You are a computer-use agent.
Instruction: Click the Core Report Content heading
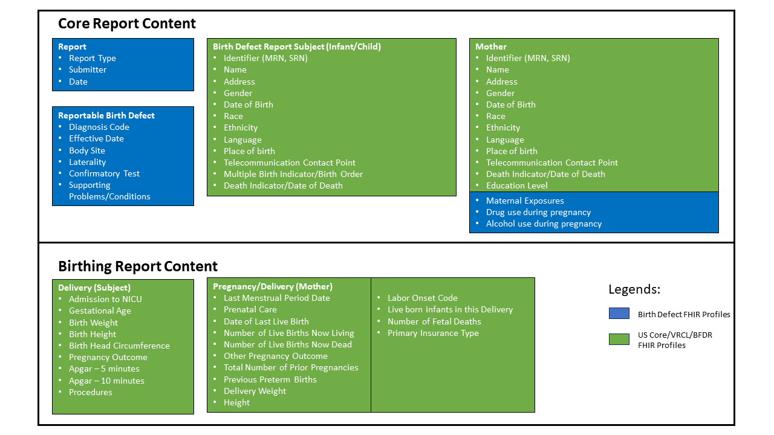[x=127, y=24]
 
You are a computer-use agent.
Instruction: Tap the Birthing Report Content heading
[x=138, y=266]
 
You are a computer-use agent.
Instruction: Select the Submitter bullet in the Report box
[x=88, y=69]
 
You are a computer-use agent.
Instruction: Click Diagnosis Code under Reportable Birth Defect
[x=99, y=127]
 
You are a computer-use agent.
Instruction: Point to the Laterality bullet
[x=87, y=162]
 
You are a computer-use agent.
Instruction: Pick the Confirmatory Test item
[x=104, y=173]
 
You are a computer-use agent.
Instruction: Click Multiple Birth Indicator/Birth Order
[x=293, y=174]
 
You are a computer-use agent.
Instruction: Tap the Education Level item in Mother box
[x=516, y=185]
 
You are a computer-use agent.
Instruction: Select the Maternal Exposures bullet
[x=525, y=201]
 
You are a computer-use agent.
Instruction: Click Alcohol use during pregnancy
[x=544, y=224]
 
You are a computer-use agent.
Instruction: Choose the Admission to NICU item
[x=105, y=299]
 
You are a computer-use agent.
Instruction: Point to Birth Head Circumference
[x=119, y=346]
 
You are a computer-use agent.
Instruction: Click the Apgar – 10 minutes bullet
[x=106, y=381]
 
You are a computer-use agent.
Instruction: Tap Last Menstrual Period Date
[x=277, y=298]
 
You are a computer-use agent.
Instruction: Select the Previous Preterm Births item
[x=270, y=379]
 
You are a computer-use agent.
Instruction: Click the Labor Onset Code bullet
[x=423, y=298]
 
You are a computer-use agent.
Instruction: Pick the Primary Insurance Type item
[x=433, y=333]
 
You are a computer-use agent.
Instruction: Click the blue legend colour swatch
[x=619, y=314]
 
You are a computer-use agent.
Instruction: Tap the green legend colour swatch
[x=619, y=340]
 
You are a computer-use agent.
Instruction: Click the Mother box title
[x=491, y=47]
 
